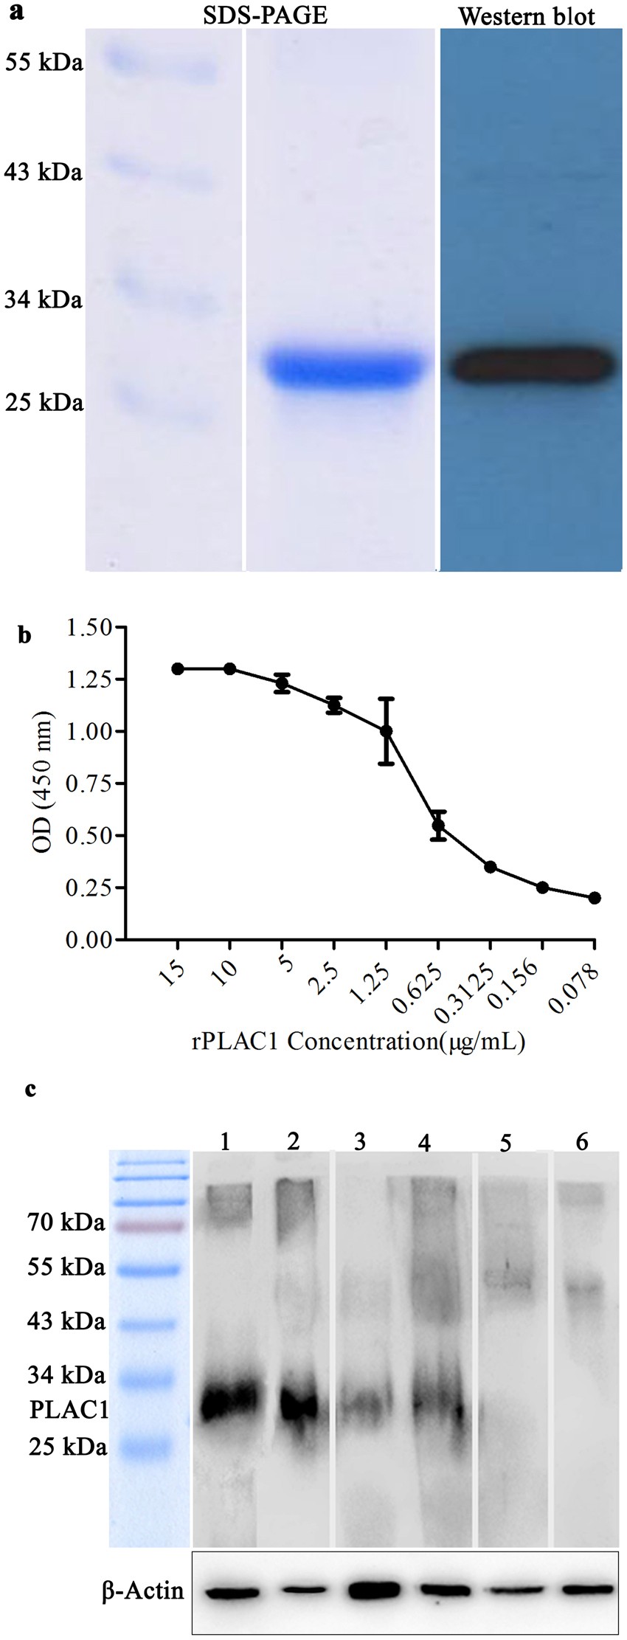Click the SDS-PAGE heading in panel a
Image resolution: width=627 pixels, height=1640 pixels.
266,15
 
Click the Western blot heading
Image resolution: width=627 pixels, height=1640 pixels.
527,16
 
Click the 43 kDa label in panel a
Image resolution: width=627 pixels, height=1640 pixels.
44,173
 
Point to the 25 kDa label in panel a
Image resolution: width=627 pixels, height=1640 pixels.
44,403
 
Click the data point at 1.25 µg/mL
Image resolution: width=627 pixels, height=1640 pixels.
386,731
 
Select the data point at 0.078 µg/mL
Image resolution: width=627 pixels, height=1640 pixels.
595,898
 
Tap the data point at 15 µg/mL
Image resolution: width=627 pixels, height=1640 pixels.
178,668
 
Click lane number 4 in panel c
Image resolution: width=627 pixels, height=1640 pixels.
424,1142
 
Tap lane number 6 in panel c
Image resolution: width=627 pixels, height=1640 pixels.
582,1142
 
